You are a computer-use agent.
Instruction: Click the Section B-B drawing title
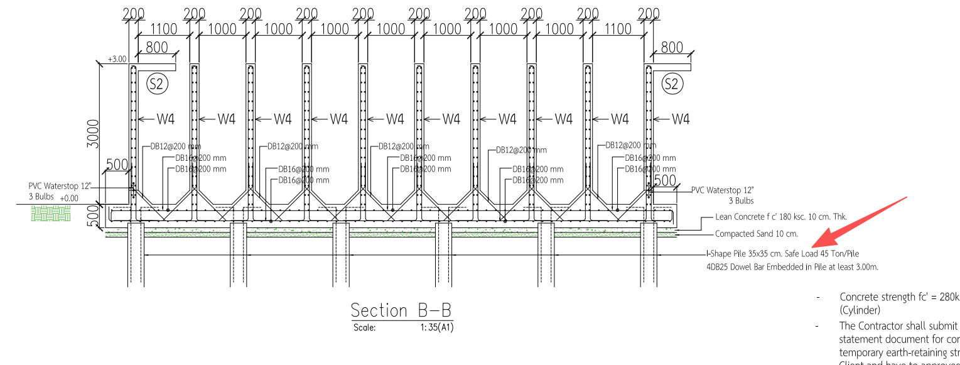coord(401,310)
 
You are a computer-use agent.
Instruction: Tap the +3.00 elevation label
coord(117,58)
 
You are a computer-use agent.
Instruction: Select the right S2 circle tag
coord(672,84)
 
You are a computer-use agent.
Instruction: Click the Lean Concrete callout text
coord(781,217)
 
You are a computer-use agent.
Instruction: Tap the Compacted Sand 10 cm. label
coord(757,234)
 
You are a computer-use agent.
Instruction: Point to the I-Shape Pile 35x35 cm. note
coord(782,254)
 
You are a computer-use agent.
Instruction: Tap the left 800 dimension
coord(156,47)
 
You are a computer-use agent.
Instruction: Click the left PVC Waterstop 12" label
coord(59,187)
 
